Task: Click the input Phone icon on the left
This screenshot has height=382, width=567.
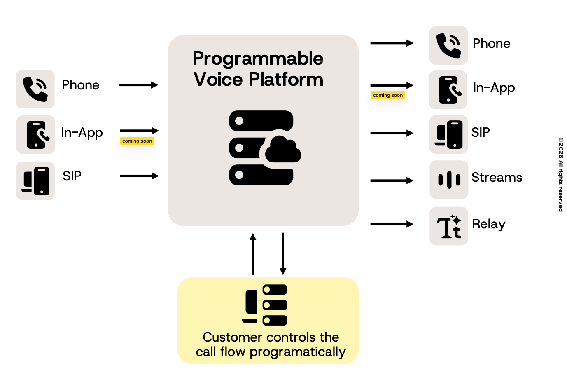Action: (35, 89)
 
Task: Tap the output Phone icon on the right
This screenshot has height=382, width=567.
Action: (448, 46)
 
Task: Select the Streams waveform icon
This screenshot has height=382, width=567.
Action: (449, 180)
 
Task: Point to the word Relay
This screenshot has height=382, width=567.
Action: (488, 224)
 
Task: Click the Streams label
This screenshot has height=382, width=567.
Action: (497, 177)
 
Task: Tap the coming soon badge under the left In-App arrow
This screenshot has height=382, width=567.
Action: (137, 141)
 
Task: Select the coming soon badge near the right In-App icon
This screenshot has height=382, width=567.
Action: (388, 95)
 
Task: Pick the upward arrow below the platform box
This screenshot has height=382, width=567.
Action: (253, 254)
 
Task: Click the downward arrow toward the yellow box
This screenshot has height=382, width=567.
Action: (283, 254)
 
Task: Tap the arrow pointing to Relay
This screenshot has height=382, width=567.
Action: (392, 224)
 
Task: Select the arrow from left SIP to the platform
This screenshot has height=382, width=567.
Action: (140, 176)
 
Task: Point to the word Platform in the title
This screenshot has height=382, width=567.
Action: (286, 79)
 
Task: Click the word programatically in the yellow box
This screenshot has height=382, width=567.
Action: (298, 352)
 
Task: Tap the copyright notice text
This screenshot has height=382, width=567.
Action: (561, 175)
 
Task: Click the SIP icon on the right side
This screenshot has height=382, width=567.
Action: (448, 134)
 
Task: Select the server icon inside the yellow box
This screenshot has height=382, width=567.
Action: (264, 305)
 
